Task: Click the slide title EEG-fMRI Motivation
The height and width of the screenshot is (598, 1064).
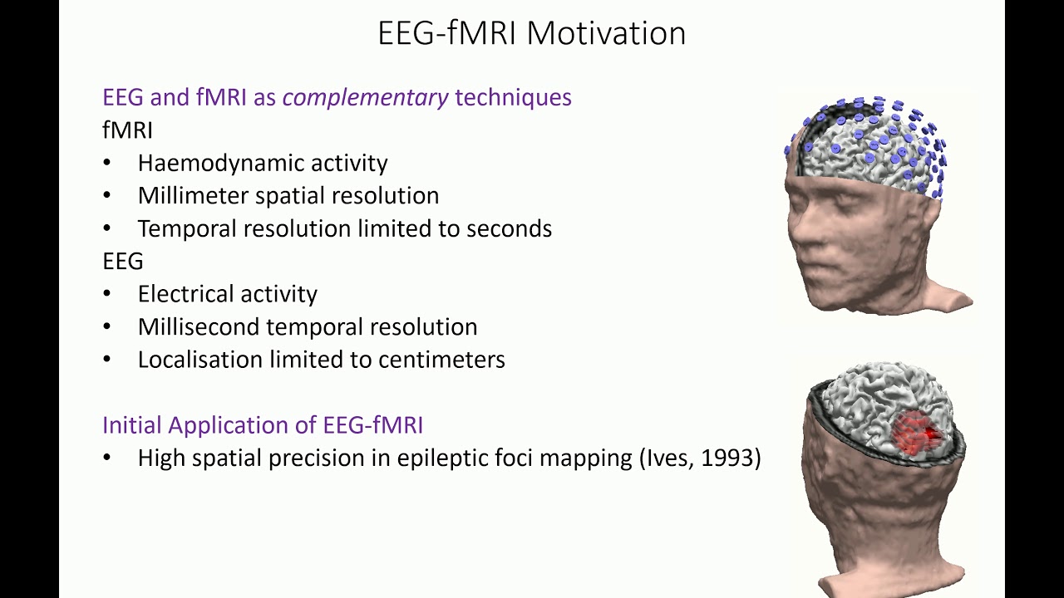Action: tap(531, 33)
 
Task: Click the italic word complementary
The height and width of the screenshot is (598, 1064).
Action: tap(365, 97)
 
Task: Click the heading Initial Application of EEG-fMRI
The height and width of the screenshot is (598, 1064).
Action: tap(263, 425)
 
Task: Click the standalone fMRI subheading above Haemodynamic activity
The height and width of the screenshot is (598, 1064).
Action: tap(127, 130)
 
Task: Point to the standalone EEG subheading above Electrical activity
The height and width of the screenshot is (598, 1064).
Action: tap(123, 262)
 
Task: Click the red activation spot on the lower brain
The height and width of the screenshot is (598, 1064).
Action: tap(917, 432)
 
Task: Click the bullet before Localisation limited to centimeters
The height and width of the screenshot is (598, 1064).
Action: tap(107, 360)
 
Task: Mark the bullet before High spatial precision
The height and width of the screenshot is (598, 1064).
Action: tap(107, 458)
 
